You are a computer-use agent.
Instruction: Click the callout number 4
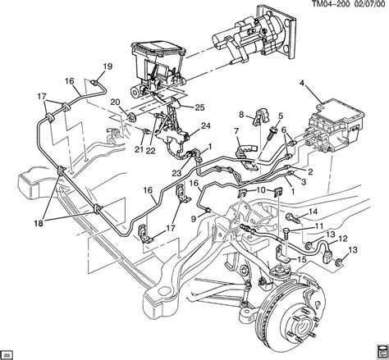coord(302,84)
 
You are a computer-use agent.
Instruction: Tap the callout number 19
coord(108,66)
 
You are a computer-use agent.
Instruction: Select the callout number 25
coord(199,107)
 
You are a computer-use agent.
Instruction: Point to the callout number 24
coord(205,126)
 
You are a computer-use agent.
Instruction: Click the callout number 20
coord(115,103)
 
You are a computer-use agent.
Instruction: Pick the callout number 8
coord(241,115)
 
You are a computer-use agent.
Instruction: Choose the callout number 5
coord(280,116)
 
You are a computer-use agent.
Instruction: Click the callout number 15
coord(302,259)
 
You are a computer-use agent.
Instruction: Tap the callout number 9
coord(194,219)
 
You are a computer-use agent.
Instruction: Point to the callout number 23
coord(176,172)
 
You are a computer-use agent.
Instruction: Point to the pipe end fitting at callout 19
coord(94,82)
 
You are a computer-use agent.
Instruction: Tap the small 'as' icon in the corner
coord(7,355)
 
